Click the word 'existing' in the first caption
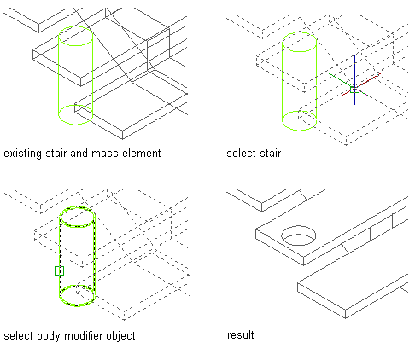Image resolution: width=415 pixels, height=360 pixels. click(x=23, y=154)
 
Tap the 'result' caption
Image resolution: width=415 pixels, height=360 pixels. click(x=241, y=334)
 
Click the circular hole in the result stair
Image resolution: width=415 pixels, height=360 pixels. click(x=299, y=235)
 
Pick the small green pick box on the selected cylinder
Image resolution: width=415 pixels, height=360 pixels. click(x=59, y=270)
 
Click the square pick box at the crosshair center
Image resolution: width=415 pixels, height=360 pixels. click(x=354, y=88)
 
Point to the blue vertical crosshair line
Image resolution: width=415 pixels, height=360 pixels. click(x=354, y=80)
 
